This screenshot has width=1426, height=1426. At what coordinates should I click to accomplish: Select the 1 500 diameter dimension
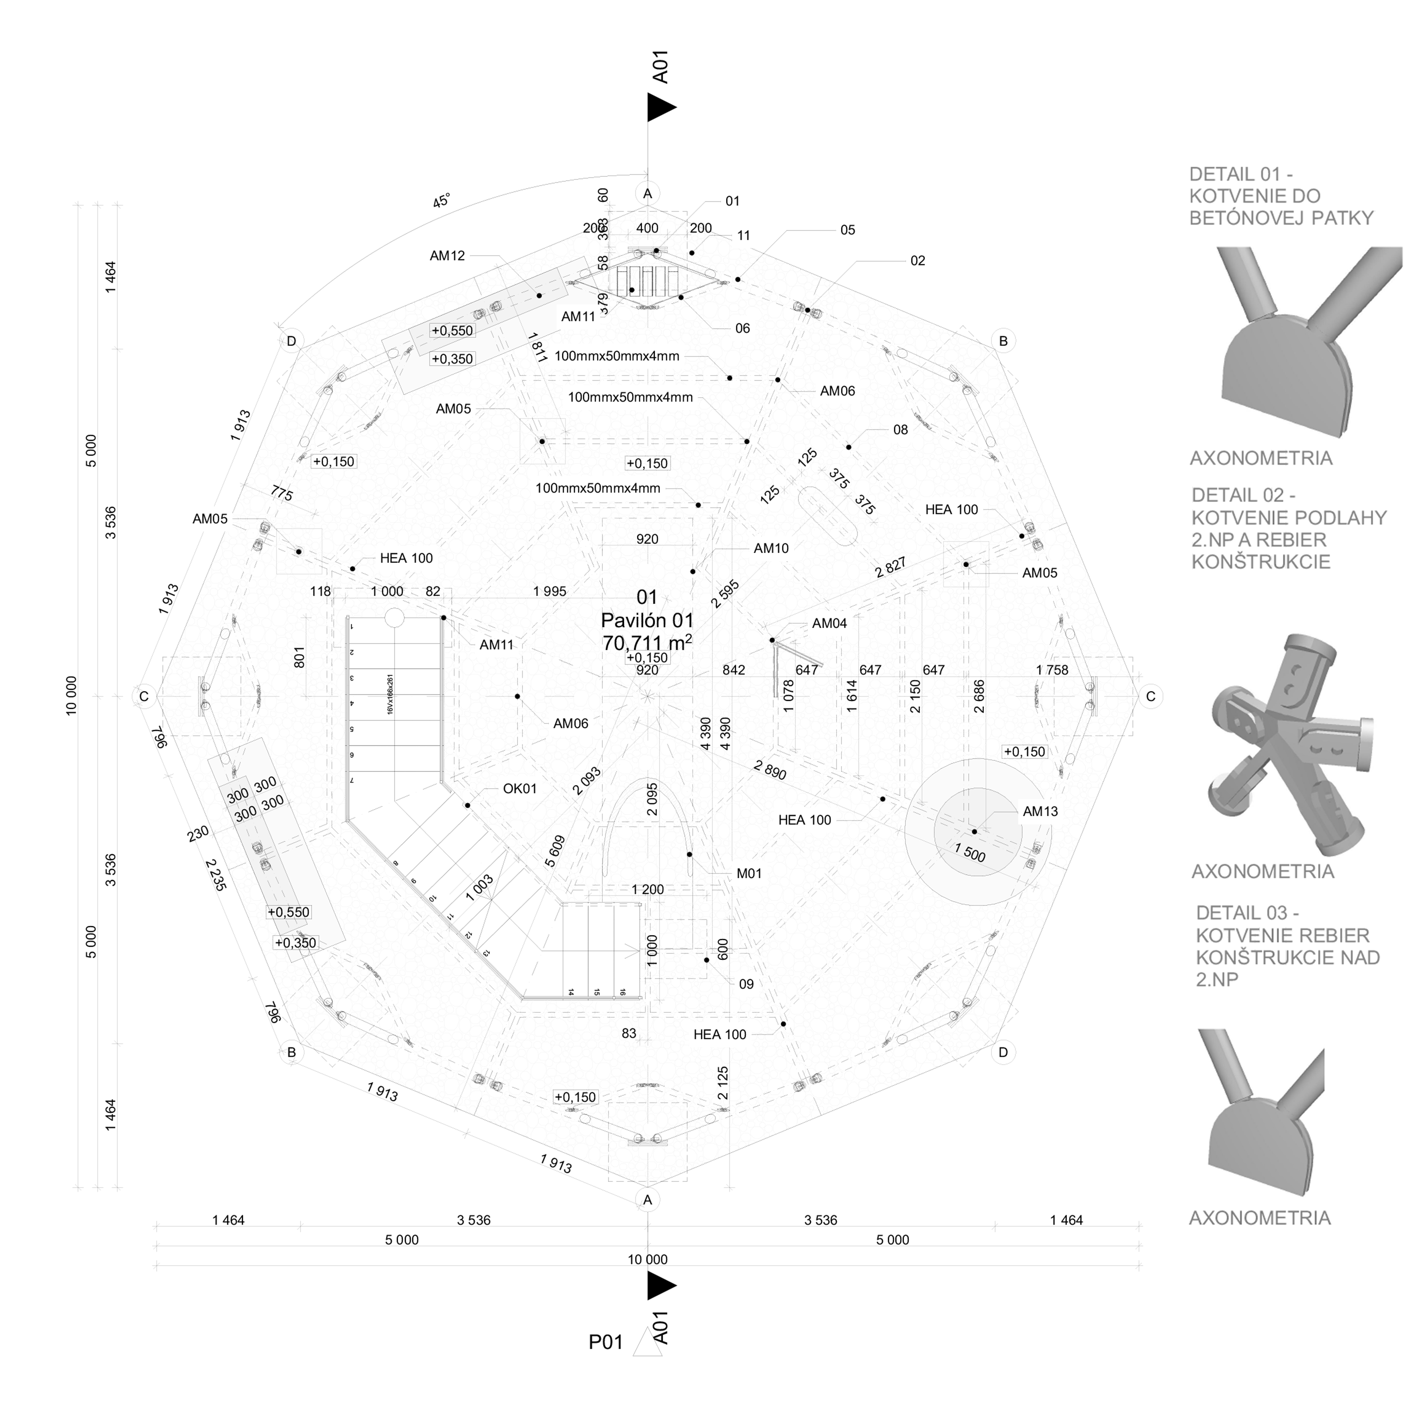point(970,853)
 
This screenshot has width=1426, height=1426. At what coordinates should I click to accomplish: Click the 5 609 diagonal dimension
point(555,851)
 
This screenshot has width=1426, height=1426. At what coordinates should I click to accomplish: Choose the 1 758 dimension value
point(1052,670)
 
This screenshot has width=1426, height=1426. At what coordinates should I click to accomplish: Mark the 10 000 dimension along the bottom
point(647,1259)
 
